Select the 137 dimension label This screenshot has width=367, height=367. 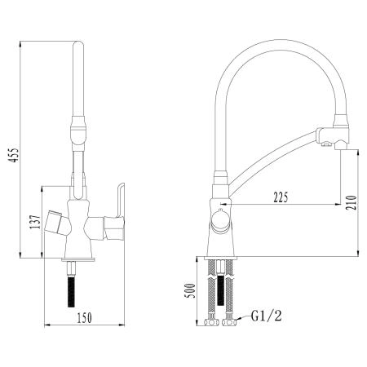point(35,222)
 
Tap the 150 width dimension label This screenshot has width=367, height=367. point(85,318)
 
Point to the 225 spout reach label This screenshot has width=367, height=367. point(281,197)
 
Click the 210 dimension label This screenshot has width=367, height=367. point(351,203)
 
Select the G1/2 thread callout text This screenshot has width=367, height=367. point(267,316)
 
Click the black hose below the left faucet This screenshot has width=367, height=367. point(71,290)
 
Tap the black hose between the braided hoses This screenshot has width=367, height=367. point(221,290)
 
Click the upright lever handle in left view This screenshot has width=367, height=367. point(119,200)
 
